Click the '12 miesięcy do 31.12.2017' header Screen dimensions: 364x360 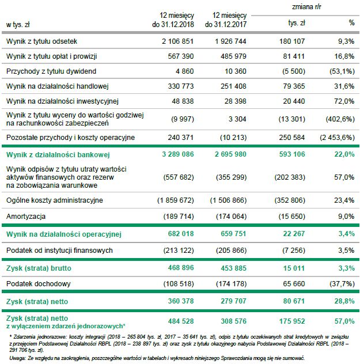coord(230,20)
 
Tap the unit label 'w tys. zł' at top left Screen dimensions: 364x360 coord(17,24)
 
